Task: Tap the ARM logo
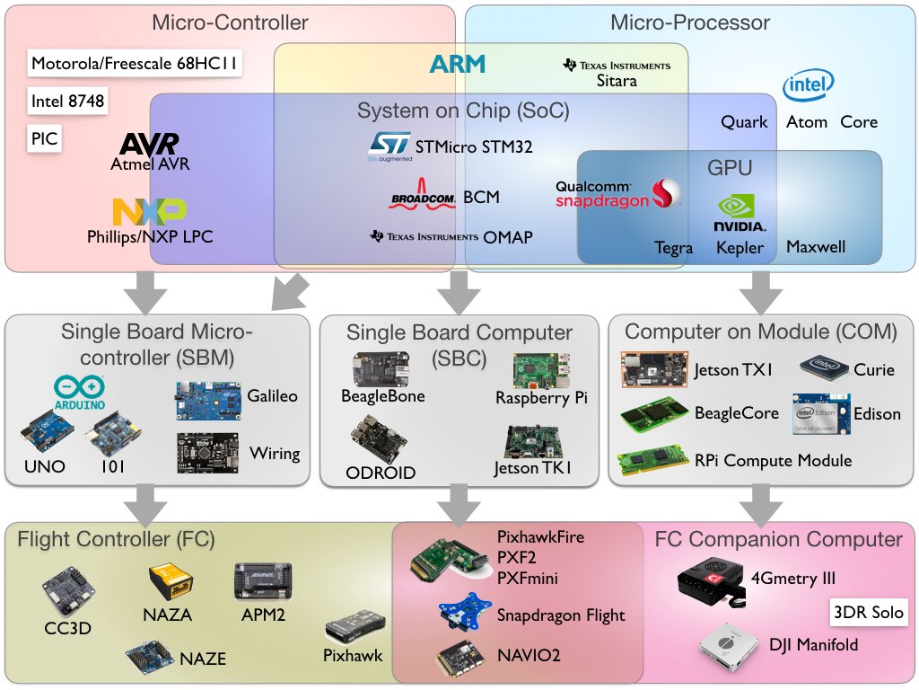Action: (457, 64)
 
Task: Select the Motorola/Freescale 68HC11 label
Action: (136, 64)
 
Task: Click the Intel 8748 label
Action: (67, 102)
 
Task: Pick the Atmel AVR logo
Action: (149, 144)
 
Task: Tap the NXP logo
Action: (149, 212)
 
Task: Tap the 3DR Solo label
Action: (868, 614)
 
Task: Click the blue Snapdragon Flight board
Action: (464, 615)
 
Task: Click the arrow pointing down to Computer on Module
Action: (761, 290)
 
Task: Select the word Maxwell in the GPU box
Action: (816, 247)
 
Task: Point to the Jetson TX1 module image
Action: (654, 369)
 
